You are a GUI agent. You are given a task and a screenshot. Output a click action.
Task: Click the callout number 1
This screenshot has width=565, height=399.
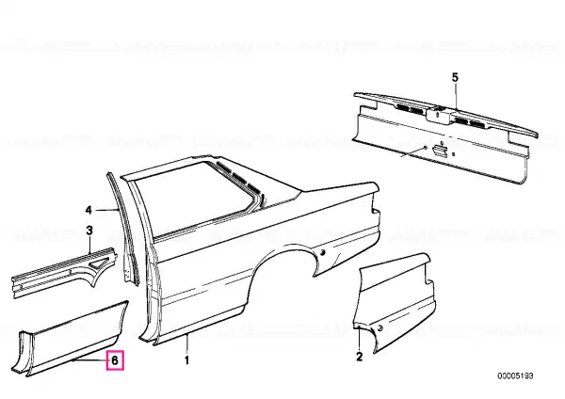(x=186, y=360)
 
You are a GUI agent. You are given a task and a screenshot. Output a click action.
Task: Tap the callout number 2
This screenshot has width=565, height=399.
(x=359, y=357)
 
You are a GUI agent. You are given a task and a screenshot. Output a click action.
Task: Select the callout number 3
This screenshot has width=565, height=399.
(x=89, y=231)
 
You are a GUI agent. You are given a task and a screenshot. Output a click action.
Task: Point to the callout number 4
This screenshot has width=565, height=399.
(x=89, y=210)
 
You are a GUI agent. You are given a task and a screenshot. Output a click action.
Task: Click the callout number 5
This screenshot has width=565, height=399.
(x=455, y=77)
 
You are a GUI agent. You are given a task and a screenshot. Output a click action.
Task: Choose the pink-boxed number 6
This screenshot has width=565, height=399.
(x=115, y=360)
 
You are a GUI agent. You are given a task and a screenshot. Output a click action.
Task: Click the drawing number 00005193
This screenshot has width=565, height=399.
(x=515, y=376)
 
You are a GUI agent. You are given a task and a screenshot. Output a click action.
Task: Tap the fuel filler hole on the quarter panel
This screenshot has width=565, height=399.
(x=322, y=252)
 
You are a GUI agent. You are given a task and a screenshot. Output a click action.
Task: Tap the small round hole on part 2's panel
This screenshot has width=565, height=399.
(x=380, y=327)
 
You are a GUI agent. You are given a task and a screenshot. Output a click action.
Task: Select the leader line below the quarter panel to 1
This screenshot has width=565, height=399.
(x=187, y=343)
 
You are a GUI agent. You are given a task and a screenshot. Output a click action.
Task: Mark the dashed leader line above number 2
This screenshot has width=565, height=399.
(x=360, y=338)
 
